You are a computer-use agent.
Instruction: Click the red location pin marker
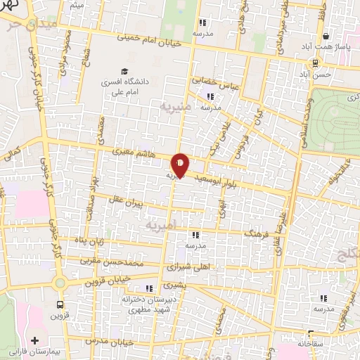[x=181, y=165]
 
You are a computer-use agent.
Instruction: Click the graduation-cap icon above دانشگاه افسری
[x=124, y=72]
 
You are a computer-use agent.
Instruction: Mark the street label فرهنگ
[x=257, y=231]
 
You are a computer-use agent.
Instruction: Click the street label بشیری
[x=175, y=286]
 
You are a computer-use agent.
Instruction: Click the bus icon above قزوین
[x=58, y=305]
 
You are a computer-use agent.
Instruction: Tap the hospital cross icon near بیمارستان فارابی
[x=34, y=340]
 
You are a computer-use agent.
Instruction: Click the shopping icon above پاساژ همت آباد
[x=326, y=37]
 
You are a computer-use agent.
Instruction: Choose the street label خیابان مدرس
[x=120, y=340]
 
